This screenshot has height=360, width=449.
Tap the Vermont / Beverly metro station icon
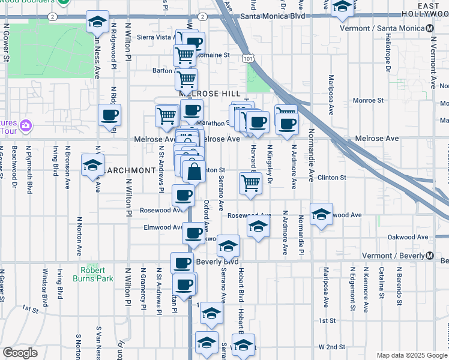click(x=430, y=256)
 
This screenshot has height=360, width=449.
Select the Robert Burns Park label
click(x=93, y=274)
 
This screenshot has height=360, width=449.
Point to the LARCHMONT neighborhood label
click(x=130, y=170)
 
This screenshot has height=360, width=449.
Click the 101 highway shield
click(x=248, y=58)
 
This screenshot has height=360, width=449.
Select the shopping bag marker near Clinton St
click(x=194, y=172)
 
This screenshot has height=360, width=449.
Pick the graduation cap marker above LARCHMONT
click(x=93, y=165)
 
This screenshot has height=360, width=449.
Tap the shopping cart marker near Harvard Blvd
click(x=250, y=184)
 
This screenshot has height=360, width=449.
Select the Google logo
click(x=20, y=353)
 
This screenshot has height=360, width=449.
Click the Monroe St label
click(x=367, y=100)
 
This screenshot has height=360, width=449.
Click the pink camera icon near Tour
click(x=25, y=125)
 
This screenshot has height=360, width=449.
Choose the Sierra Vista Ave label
click(x=155, y=37)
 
